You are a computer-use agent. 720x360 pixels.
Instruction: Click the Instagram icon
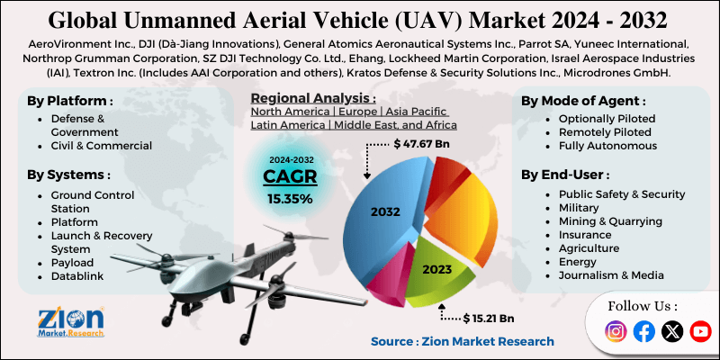(x=616, y=332)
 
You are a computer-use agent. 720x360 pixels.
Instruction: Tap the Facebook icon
(x=644, y=332)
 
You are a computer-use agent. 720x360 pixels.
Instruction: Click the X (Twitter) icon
(x=672, y=332)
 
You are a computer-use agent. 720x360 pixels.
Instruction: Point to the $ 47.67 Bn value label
(x=424, y=143)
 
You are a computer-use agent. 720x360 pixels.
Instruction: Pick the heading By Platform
(x=71, y=102)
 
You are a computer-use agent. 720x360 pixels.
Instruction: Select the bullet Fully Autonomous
(x=607, y=145)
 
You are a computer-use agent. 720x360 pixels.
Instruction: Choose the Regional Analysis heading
(x=313, y=97)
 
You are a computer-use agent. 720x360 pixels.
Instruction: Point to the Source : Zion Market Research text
(x=463, y=341)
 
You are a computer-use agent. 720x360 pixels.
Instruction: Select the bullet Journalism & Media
(x=611, y=274)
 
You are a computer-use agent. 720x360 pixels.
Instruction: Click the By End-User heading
(x=565, y=174)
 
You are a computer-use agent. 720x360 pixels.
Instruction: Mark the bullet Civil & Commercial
(x=102, y=145)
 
